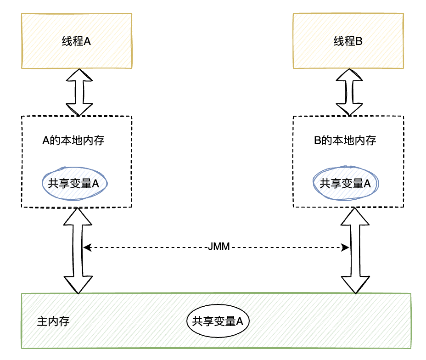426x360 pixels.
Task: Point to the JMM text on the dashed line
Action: (219, 248)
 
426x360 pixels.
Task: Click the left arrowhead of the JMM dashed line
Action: (86, 248)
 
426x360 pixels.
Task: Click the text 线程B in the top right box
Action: (348, 41)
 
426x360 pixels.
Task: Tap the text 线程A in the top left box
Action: (76, 41)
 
